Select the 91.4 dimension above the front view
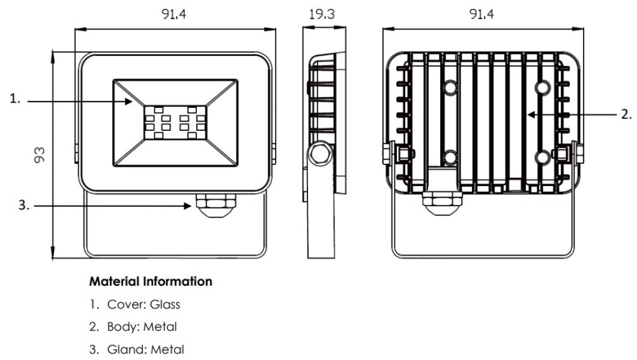tap(174, 13)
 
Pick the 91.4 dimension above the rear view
tap(482, 13)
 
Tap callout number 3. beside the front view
tap(23, 205)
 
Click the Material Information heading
tap(150, 281)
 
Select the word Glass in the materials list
tap(166, 304)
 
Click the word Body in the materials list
tap(118, 327)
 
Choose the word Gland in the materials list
tap(122, 349)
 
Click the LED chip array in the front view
tap(174, 122)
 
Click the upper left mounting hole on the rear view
tap(450, 88)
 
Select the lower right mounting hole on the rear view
tap(542, 158)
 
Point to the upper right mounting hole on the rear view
tap(542, 88)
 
